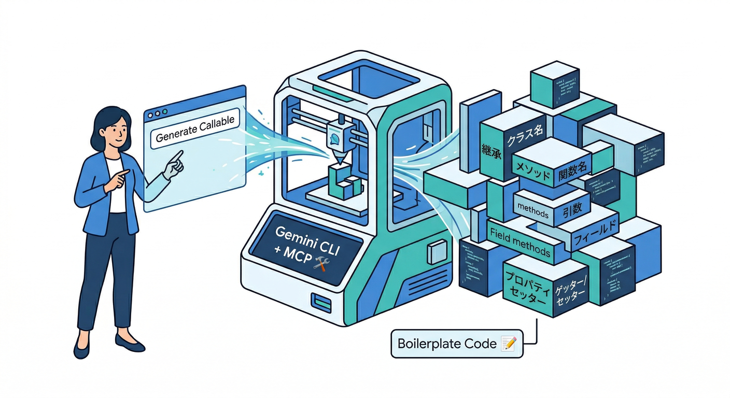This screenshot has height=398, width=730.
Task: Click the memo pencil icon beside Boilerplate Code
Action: pyautogui.click(x=509, y=343)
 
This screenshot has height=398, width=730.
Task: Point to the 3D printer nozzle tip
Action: pyautogui.click(x=338, y=162)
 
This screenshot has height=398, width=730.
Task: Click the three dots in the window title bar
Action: pyautogui.click(x=158, y=112)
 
